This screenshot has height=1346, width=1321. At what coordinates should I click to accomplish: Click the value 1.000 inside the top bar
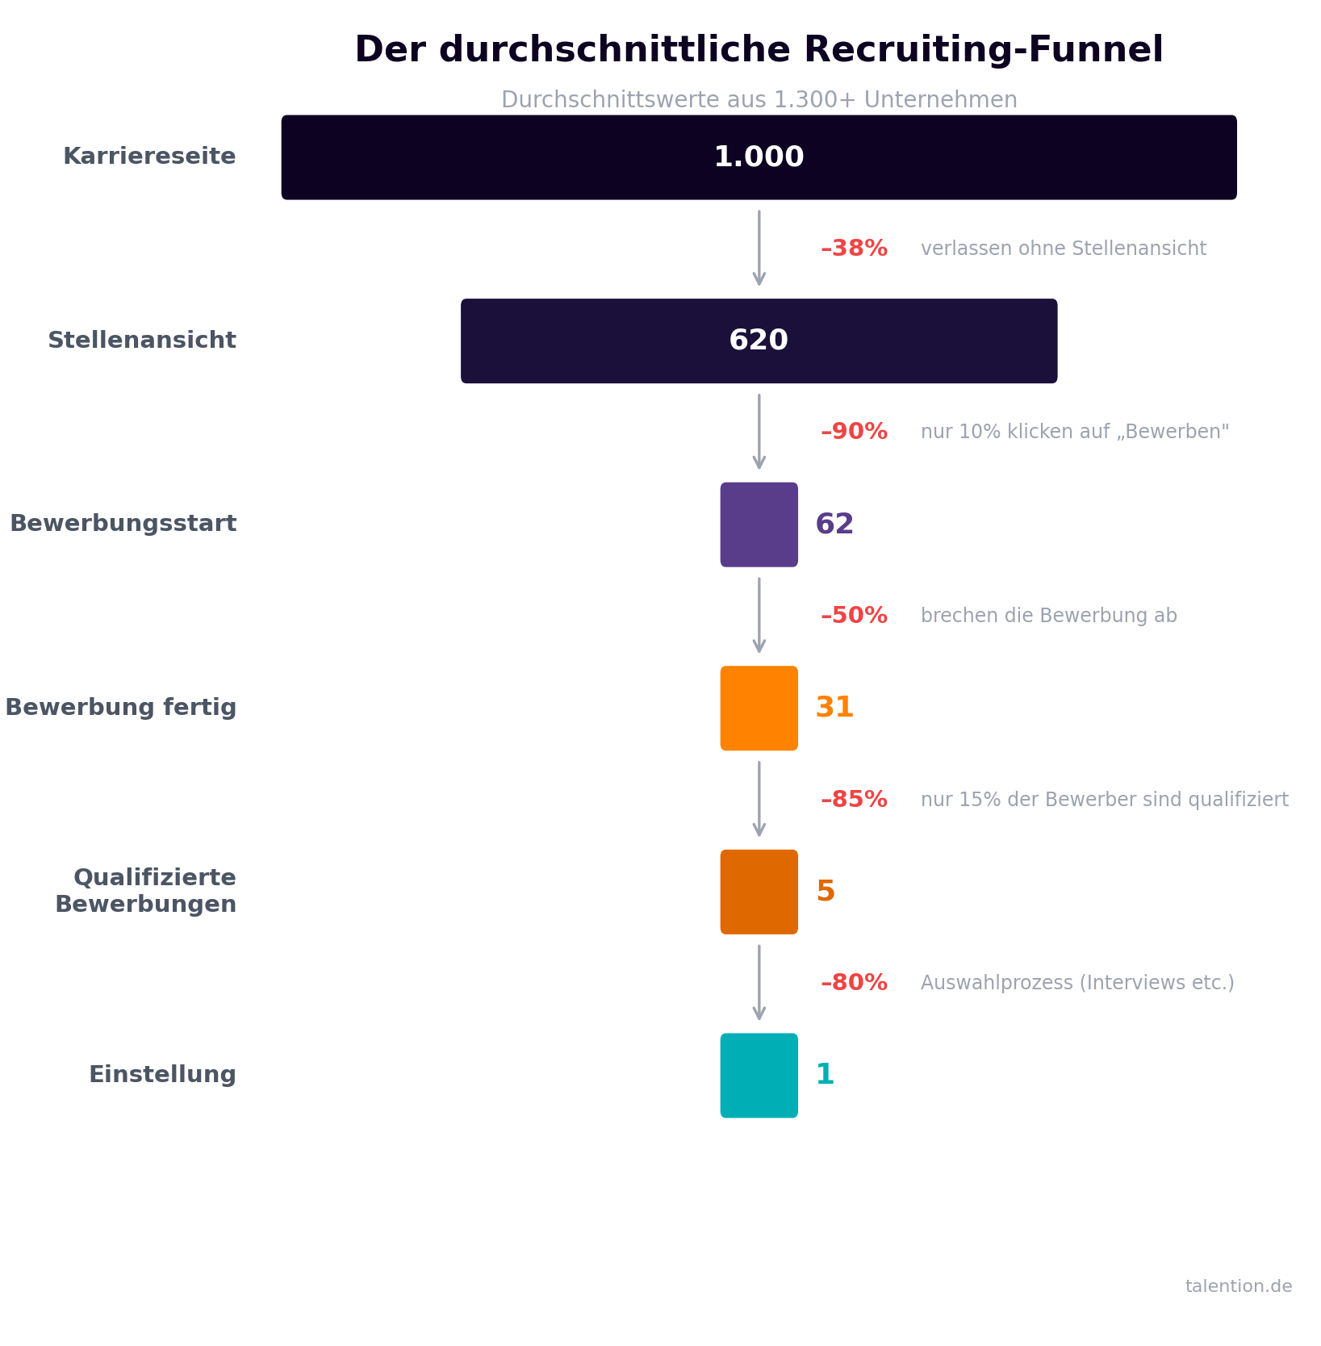tap(759, 157)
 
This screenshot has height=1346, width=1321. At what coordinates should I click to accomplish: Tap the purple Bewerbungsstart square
tap(759, 525)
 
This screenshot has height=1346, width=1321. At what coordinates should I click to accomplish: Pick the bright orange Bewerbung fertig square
tap(759, 709)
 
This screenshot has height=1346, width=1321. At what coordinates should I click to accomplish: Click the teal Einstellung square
tap(759, 1076)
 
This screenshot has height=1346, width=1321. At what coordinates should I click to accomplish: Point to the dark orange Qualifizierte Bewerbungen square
tap(759, 892)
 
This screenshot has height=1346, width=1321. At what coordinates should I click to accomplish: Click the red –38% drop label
tap(854, 249)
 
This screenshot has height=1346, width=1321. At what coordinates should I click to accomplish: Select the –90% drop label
tap(854, 432)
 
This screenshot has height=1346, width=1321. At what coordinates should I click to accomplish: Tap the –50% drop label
tap(854, 616)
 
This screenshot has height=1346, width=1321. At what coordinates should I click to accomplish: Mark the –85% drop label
tap(854, 800)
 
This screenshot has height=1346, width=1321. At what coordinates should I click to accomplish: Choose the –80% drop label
tap(854, 983)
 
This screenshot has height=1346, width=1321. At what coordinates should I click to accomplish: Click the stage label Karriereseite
tap(149, 157)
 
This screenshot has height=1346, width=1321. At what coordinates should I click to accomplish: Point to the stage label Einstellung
tap(162, 1075)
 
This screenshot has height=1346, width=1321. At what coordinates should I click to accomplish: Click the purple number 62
tap(834, 525)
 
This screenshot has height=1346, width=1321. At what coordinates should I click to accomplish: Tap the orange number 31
tap(834, 709)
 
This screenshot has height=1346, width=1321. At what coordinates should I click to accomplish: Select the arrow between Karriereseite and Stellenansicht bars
tap(759, 247)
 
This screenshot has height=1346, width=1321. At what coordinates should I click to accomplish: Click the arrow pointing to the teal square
tap(759, 982)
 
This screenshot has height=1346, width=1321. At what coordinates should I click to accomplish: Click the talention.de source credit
tap(1238, 1286)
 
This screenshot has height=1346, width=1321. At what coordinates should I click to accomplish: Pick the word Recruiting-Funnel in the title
tap(983, 50)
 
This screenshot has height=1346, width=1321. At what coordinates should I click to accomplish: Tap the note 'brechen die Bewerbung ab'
tap(1048, 616)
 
